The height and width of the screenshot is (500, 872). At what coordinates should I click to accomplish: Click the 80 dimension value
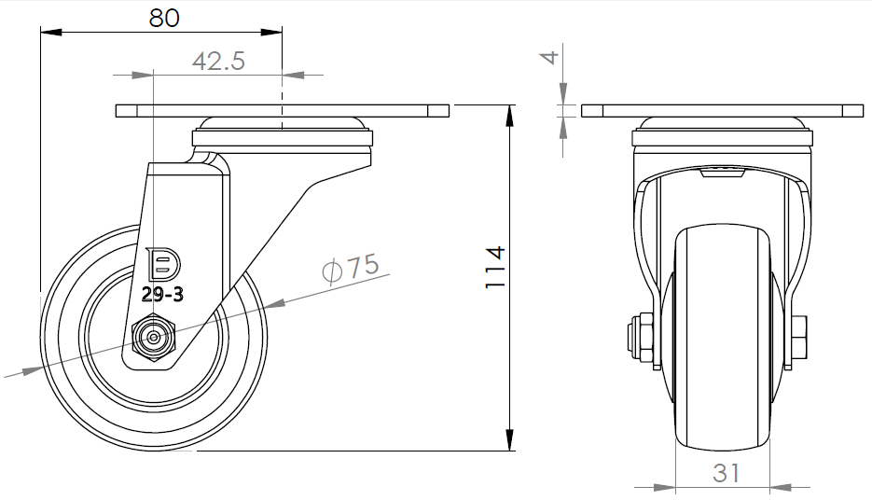(x=164, y=18)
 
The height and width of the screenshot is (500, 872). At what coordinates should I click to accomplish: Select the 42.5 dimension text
(x=218, y=61)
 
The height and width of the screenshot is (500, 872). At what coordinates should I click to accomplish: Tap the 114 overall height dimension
(x=494, y=267)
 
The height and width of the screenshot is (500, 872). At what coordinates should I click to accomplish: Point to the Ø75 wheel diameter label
(x=352, y=268)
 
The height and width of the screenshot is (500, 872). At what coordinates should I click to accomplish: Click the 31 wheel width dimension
(x=727, y=473)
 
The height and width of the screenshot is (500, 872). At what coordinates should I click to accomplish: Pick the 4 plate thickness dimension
(x=550, y=57)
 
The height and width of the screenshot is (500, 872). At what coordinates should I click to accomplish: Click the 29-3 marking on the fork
(x=162, y=294)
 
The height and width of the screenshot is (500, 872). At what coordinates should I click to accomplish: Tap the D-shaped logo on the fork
(x=163, y=264)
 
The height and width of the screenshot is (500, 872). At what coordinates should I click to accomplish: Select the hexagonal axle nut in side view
(x=154, y=337)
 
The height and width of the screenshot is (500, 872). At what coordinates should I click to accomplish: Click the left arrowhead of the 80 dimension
(x=51, y=33)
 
